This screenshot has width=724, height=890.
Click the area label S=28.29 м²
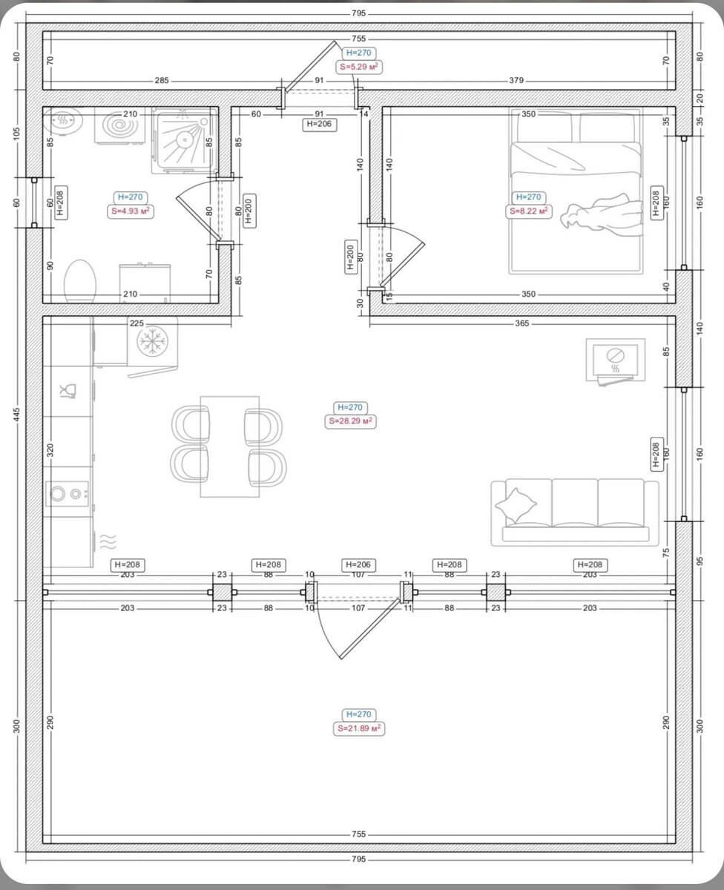click(x=350, y=421)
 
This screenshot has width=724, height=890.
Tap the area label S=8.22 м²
click(x=528, y=211)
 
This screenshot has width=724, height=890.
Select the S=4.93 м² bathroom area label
click(x=131, y=211)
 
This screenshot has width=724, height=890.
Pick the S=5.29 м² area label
click(x=359, y=67)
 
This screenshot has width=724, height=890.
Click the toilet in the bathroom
click(x=80, y=281)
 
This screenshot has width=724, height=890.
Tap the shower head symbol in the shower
click(x=184, y=140)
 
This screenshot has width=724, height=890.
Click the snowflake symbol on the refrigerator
click(x=153, y=341)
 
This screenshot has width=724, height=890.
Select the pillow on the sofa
click(x=516, y=506)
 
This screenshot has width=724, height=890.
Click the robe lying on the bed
click(x=602, y=213)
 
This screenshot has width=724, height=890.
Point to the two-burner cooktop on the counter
click(x=68, y=494)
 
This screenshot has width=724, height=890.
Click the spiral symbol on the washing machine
click(x=119, y=125)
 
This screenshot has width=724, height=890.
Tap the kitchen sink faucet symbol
click(x=68, y=391)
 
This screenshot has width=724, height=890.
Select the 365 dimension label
click(x=521, y=323)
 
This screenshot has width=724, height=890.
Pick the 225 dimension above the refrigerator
click(x=136, y=323)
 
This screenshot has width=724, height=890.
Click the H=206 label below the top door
click(x=319, y=124)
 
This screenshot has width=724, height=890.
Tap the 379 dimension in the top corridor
click(x=516, y=80)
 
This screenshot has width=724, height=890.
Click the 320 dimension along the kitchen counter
click(x=50, y=450)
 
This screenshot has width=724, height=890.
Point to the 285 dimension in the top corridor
click(x=162, y=80)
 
